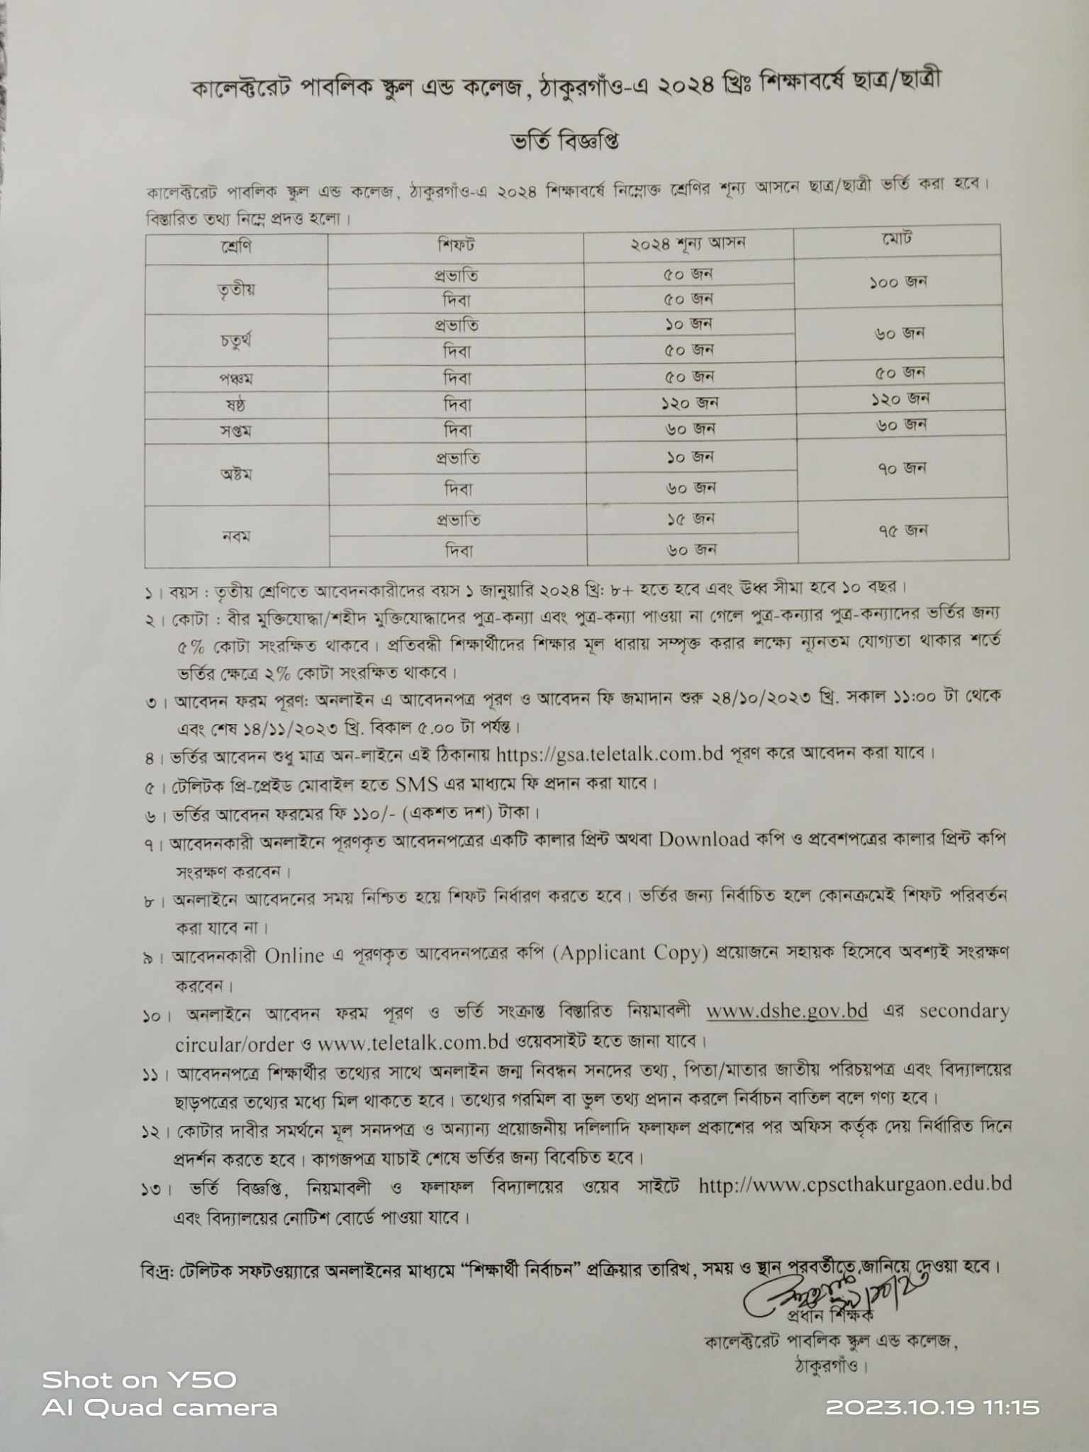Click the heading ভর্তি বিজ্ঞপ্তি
pos(565,140)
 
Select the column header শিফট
pos(456,245)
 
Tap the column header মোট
pos(897,239)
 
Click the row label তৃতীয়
pos(236,289)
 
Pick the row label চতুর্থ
pos(236,341)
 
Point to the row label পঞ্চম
pos(236,379)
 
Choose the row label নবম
pos(236,536)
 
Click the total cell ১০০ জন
pos(898,282)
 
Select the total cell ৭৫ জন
pos(903,530)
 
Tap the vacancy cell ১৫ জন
pos(690,519)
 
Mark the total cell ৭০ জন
pos(902,468)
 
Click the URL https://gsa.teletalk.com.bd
pos(609,754)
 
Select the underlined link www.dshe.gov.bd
pos(787,1011)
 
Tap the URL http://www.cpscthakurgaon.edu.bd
pos(854,1185)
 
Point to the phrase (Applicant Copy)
pos(633,953)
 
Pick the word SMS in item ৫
pos(417,784)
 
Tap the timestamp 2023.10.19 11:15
pos(932,1407)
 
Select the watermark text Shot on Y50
pos(139,1380)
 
